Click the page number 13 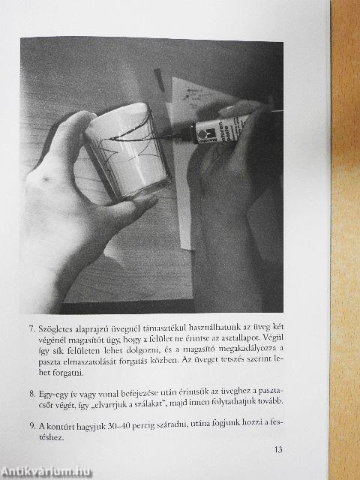[x=278, y=450]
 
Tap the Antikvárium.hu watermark [x=46, y=472]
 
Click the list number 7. [x=32, y=329]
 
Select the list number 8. [x=32, y=393]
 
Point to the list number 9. [x=32, y=426]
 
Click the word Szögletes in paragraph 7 [x=55, y=330]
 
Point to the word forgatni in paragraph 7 [x=68, y=373]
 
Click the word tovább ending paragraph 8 [x=271, y=402]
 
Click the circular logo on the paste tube [x=202, y=134]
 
